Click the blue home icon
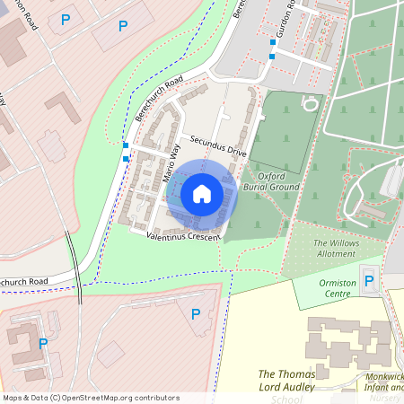201,194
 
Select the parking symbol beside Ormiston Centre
369,281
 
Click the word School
286,400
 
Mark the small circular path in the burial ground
310,103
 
